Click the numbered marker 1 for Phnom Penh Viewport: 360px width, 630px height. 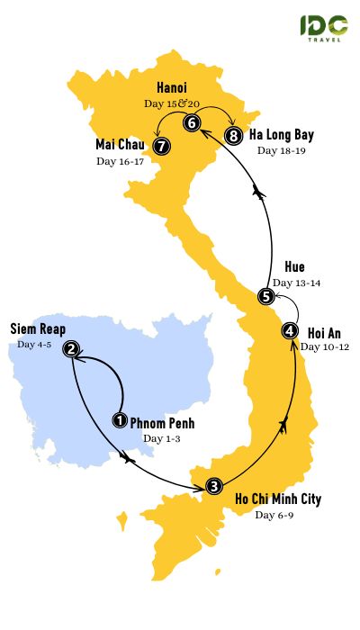[x=119, y=419]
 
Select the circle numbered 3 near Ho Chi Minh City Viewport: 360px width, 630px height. [x=213, y=487]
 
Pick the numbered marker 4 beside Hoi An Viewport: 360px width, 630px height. [x=289, y=330]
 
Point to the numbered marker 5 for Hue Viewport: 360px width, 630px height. [x=265, y=296]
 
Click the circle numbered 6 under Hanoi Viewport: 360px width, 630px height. [x=192, y=122]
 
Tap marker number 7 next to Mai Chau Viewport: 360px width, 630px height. [x=161, y=144]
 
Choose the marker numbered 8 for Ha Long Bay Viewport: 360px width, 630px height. [x=235, y=137]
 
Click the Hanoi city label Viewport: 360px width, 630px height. [x=171, y=88]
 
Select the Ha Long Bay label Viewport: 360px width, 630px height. [x=283, y=136]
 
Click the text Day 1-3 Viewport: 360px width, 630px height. [x=162, y=438]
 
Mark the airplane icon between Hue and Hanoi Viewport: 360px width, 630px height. [x=262, y=193]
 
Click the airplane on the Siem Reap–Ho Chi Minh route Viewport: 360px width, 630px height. [x=125, y=458]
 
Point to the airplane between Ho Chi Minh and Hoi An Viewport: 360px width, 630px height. [x=285, y=423]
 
